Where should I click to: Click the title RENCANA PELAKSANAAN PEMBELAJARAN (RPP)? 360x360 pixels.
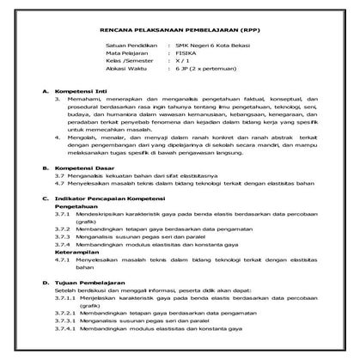180,26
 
